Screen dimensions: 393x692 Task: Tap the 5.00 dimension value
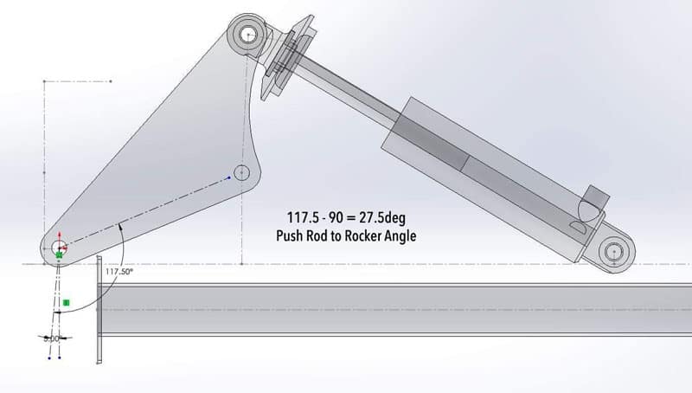(53, 338)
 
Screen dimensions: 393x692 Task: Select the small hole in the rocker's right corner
(241, 171)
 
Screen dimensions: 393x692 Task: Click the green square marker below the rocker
(66, 303)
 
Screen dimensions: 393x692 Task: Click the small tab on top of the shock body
(595, 201)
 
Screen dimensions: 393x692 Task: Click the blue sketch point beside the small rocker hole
(229, 177)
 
